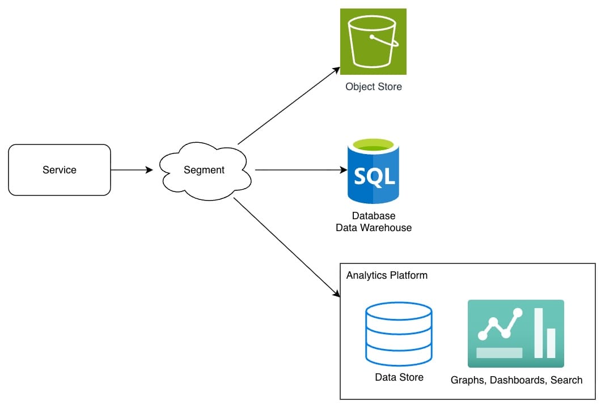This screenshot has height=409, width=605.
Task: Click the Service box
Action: [x=60, y=170]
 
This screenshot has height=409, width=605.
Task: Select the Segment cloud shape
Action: [x=204, y=170]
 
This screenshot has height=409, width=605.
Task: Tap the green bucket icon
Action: [x=373, y=41]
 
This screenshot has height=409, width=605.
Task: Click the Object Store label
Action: [x=374, y=87]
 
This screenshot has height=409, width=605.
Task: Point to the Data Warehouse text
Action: [x=374, y=228]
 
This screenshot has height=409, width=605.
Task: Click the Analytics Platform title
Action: [x=387, y=275]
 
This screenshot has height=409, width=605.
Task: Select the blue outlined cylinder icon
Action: [x=399, y=334]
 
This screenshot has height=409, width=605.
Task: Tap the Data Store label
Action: [x=399, y=377]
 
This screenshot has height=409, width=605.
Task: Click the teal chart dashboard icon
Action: [x=515, y=334]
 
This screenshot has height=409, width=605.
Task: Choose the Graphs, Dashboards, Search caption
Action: [x=517, y=380]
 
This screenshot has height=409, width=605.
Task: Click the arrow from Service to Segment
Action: [x=132, y=170]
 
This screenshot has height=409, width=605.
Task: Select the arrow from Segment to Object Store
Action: [x=288, y=106]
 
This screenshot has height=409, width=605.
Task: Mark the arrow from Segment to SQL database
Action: [x=301, y=170]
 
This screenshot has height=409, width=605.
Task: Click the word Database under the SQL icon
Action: [x=374, y=216]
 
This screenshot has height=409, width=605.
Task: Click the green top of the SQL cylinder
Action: [x=373, y=144]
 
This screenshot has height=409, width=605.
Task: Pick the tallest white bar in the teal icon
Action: [x=538, y=333]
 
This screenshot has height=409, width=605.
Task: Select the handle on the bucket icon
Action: [x=385, y=40]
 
